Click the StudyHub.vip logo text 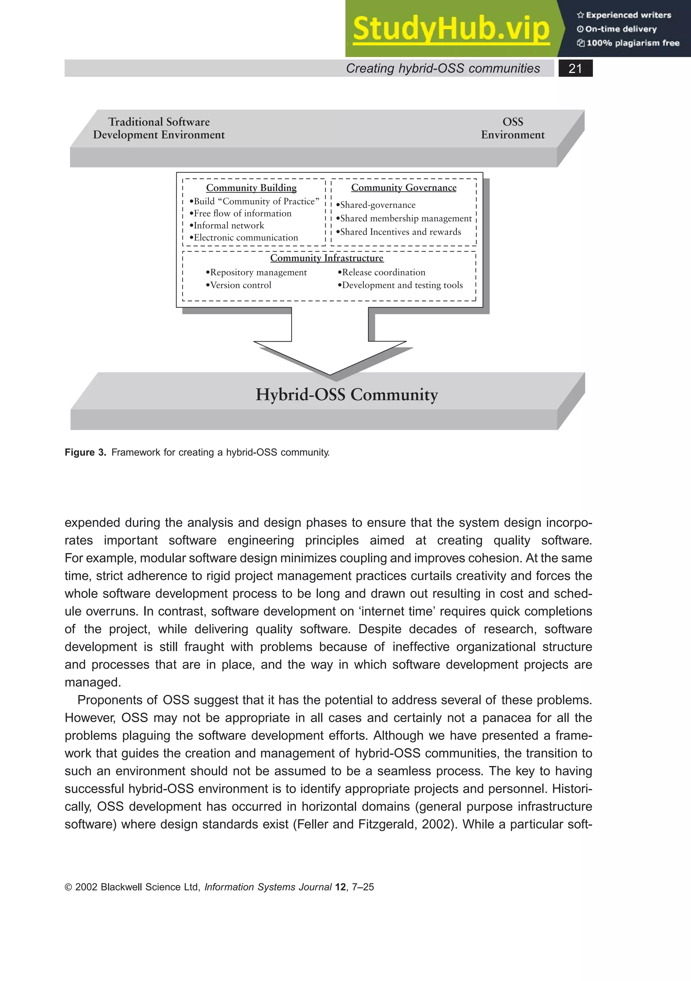451,29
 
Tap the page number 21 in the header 575,69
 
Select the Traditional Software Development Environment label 159,128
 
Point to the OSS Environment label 513,128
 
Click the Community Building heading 251,188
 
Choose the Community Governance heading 404,188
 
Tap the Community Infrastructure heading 327,258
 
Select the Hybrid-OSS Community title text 347,394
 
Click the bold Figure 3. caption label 85,452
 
